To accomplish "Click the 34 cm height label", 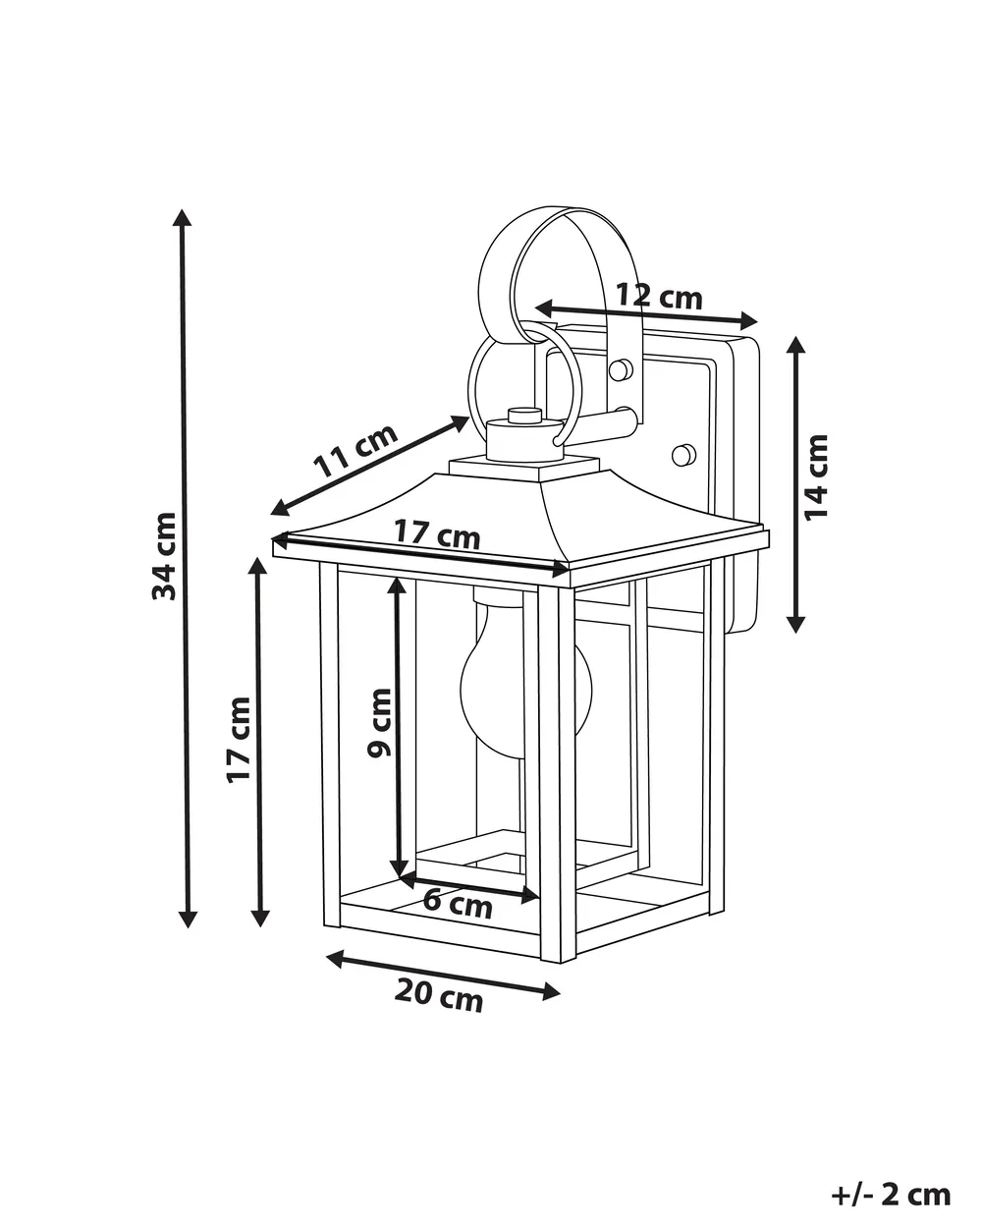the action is click(x=164, y=556).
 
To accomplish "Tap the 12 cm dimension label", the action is click(x=658, y=297).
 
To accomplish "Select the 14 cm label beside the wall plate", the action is click(x=815, y=477).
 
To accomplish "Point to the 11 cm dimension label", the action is click(x=355, y=450).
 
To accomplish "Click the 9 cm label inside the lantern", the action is click(x=379, y=723).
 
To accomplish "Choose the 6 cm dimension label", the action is click(x=458, y=905).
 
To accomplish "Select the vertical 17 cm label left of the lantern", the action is click(x=239, y=740).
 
